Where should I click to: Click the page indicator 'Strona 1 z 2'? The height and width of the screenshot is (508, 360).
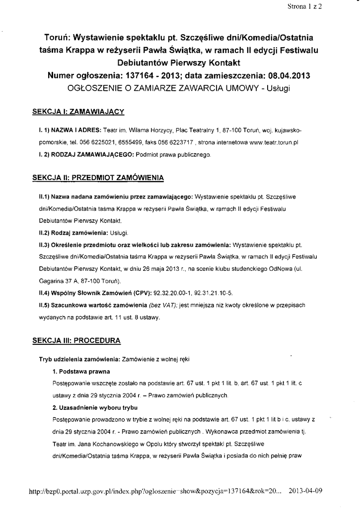pos(304,7)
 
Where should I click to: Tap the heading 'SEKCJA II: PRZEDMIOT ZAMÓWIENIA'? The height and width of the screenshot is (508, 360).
pos(98,177)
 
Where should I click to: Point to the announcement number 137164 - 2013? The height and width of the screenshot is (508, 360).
pos(167,76)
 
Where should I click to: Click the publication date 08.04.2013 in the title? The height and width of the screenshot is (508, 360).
pos(288,76)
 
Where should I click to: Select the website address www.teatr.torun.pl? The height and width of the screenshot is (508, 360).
pos(273,142)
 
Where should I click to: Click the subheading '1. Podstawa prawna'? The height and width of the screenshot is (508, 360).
pos(81,371)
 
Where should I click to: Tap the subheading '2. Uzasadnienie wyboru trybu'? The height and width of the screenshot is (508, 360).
pos(94,407)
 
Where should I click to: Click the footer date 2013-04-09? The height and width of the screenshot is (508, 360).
pos(305,491)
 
